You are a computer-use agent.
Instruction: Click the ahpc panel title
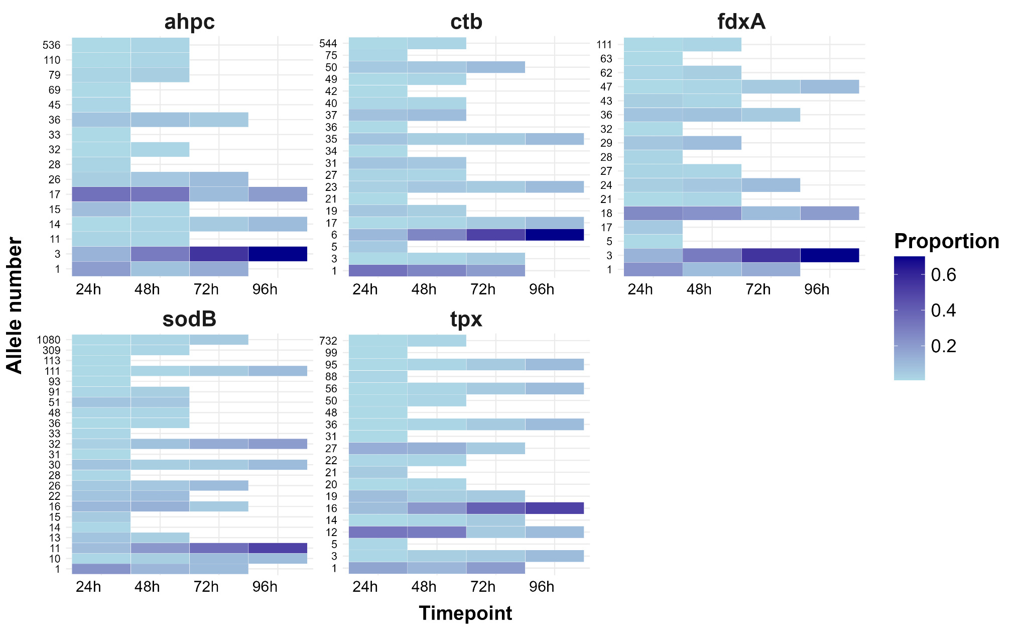click(x=189, y=22)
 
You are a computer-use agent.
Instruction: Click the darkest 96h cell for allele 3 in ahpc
click(x=278, y=254)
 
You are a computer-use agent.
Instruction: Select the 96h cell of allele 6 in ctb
click(x=554, y=235)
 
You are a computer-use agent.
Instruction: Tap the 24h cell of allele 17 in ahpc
click(x=101, y=194)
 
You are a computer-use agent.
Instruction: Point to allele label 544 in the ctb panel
click(x=328, y=44)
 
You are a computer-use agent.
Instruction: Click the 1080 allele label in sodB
click(x=49, y=340)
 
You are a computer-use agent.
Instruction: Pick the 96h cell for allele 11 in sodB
click(x=278, y=548)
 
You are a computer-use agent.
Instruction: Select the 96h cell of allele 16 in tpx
click(x=554, y=508)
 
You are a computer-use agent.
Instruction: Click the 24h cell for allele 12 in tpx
click(x=377, y=532)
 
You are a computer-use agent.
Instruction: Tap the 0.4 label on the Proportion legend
click(x=943, y=310)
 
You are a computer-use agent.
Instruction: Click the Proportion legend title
click(x=946, y=242)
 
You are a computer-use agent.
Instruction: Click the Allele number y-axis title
click(x=15, y=305)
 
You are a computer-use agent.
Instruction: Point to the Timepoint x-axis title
click(x=465, y=613)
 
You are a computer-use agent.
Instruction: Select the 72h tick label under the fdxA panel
click(x=758, y=289)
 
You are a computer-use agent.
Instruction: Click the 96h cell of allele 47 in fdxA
click(x=829, y=86)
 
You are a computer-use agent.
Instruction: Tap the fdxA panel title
click(x=741, y=22)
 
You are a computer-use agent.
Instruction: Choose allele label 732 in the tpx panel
click(x=328, y=341)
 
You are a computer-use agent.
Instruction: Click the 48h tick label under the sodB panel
click(x=147, y=587)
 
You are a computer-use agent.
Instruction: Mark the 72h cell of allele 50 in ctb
click(x=495, y=67)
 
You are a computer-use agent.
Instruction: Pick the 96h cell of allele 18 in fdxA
click(x=829, y=213)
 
